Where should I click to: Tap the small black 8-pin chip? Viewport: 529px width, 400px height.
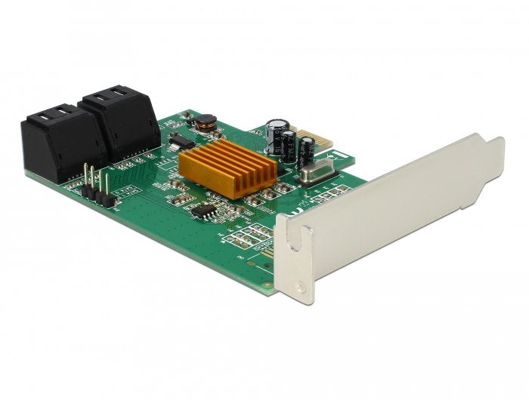[203, 212]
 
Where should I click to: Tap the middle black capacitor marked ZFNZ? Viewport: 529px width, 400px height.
[289, 146]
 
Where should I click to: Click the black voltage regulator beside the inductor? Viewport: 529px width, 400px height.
[180, 140]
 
